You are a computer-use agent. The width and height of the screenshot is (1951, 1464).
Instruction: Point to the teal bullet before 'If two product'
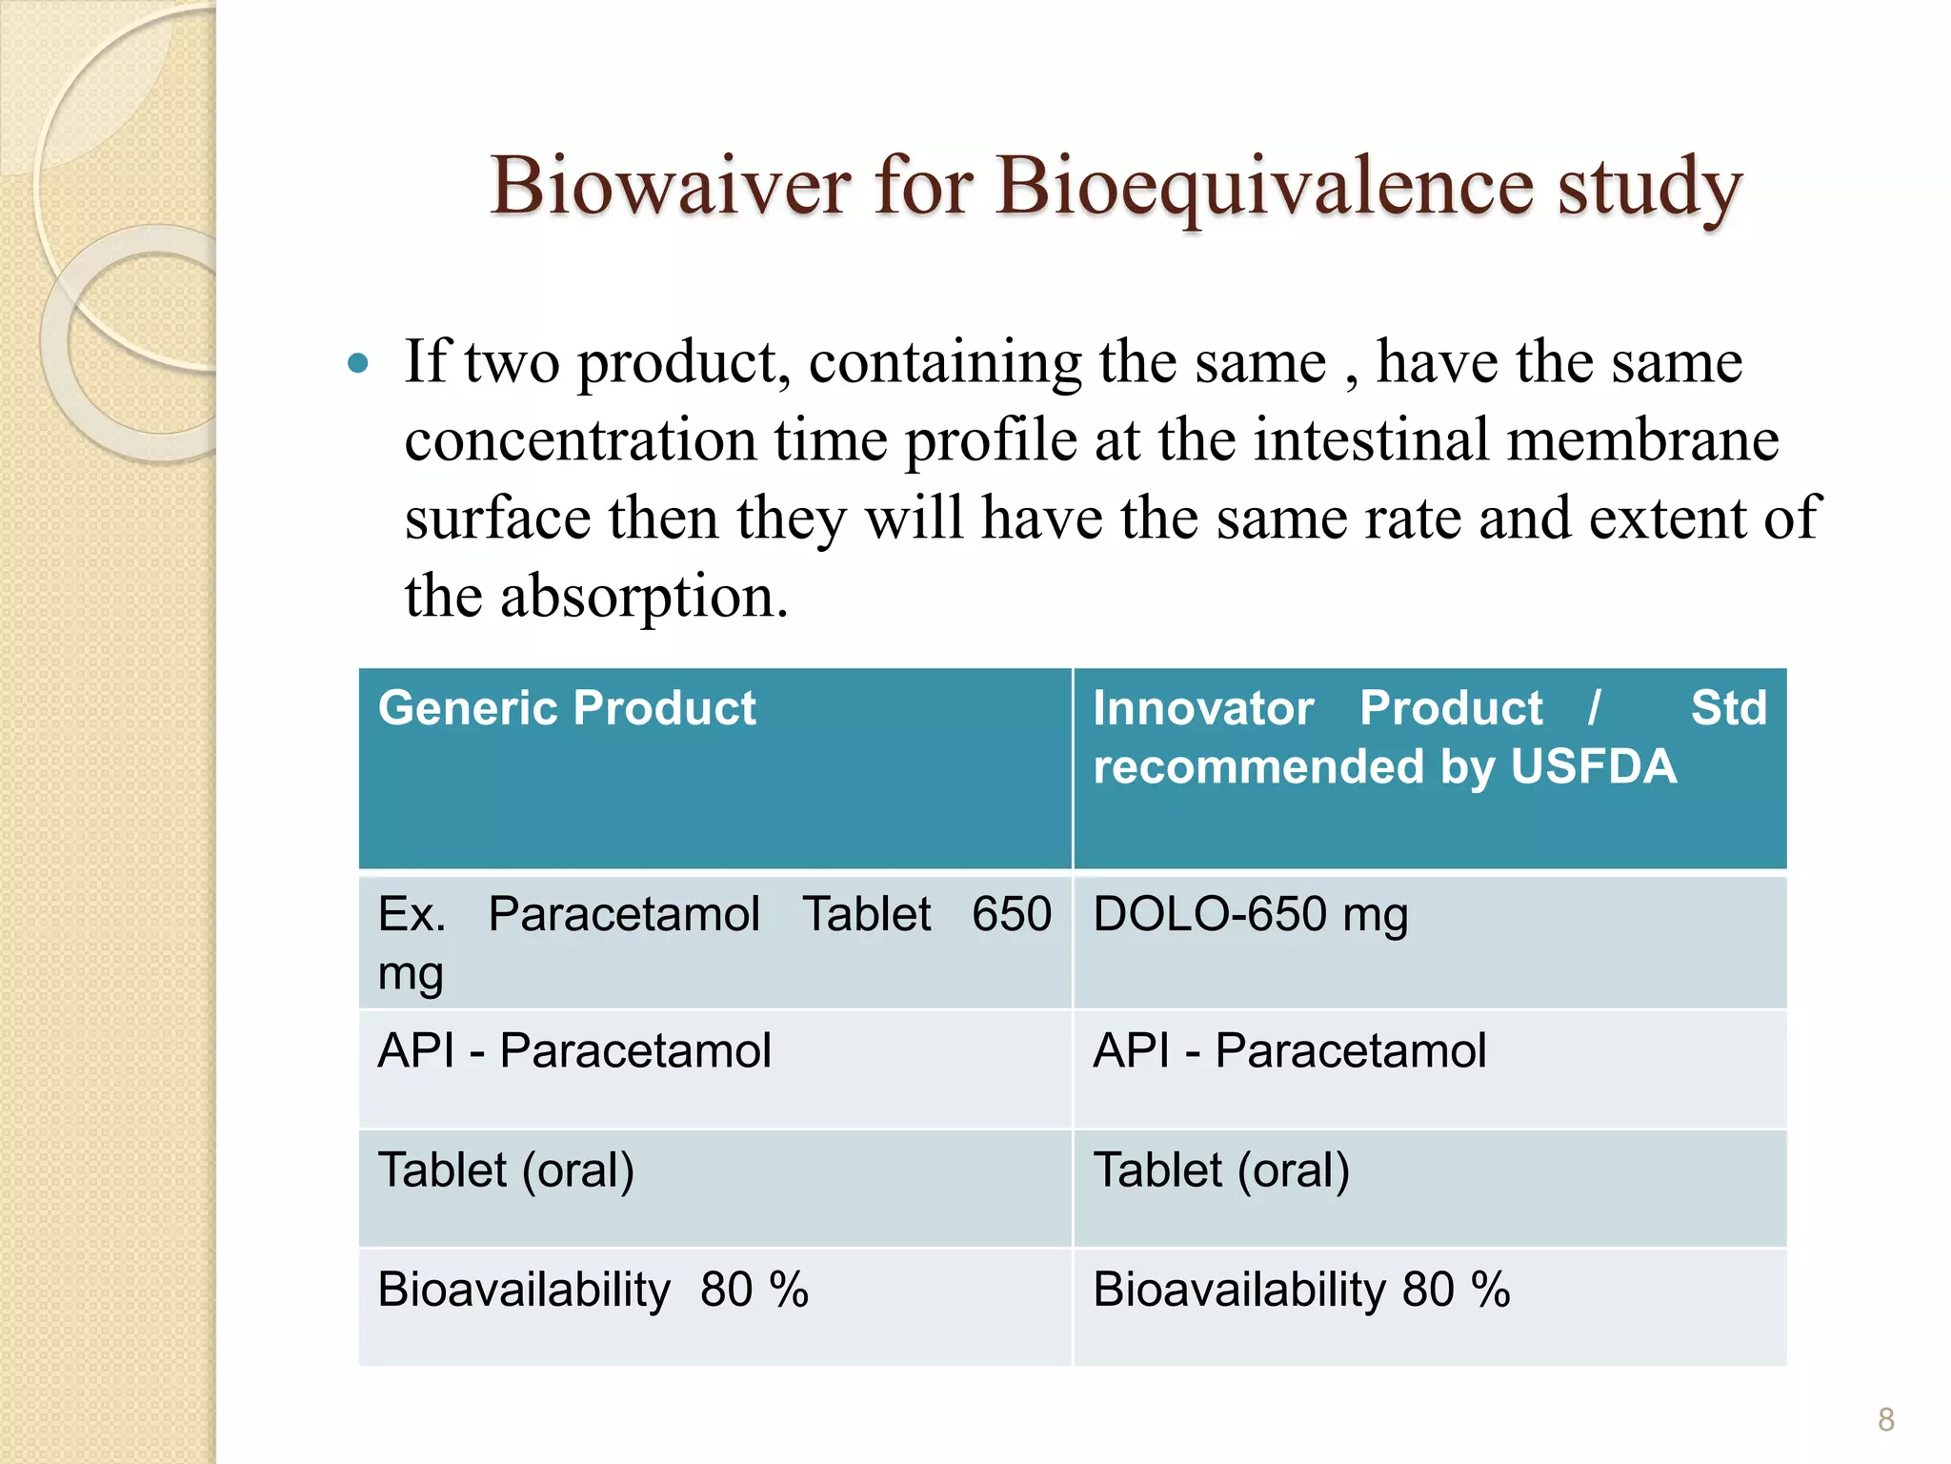point(358,363)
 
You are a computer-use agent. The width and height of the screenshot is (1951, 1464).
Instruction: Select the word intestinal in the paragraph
point(1371,440)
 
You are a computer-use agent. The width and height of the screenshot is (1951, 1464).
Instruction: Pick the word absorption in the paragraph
point(644,599)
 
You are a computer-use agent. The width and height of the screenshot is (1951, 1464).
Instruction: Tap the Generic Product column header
point(567,708)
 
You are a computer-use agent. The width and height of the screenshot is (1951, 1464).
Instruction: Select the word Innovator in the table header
point(1203,708)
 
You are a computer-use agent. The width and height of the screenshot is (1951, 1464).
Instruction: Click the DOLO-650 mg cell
point(1250,915)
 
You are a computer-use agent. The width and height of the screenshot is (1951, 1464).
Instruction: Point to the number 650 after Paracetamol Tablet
point(1012,915)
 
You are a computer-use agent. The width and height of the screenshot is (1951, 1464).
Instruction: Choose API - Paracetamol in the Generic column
point(574,1051)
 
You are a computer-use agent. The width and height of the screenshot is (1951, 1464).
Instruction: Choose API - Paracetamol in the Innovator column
point(1289,1051)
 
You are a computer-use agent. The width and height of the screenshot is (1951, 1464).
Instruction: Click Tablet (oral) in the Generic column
point(506,1170)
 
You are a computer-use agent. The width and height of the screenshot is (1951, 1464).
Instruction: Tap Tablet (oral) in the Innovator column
point(1221,1170)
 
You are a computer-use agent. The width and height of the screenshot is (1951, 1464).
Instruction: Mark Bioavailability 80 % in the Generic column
point(593,1291)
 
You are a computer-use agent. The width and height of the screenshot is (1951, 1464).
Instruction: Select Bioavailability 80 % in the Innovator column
point(1301,1291)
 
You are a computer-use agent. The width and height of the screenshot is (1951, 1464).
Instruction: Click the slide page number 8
point(1885,1419)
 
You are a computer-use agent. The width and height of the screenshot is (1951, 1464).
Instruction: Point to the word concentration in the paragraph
point(581,440)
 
